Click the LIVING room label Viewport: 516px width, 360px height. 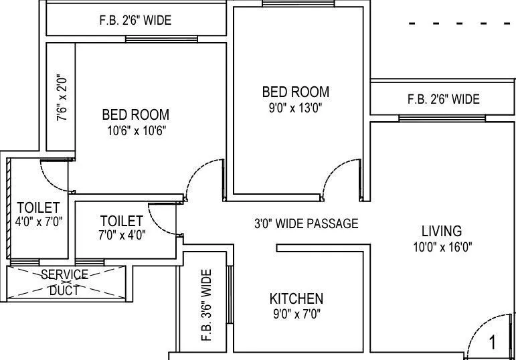(441, 231)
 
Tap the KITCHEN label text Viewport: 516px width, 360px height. (296, 298)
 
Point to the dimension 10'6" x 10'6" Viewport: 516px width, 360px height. (135, 130)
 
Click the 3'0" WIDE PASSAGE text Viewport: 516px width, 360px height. (305, 223)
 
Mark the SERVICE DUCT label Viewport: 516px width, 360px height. (65, 282)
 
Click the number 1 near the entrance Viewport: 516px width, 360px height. (493, 344)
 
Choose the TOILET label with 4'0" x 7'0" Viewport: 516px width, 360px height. (38, 207)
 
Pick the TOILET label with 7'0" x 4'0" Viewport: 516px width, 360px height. (121, 221)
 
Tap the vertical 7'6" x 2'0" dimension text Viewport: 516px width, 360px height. (62, 98)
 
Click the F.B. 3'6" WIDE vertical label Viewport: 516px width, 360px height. (205, 305)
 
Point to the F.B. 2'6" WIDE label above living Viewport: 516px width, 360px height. (443, 99)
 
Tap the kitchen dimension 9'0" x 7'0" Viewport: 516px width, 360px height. (296, 313)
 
